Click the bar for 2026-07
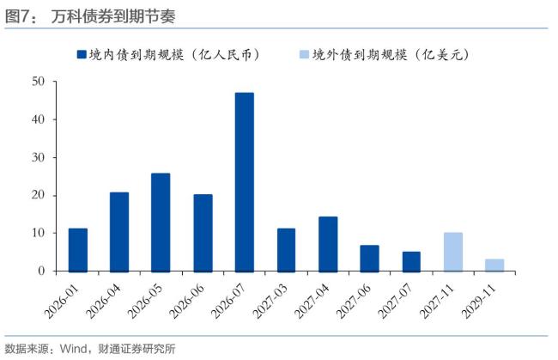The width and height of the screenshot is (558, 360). point(245,181)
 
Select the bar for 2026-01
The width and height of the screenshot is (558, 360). point(78,249)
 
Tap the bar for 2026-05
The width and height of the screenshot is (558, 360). point(161,222)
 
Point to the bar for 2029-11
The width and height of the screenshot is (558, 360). point(494,265)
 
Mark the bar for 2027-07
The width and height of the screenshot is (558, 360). point(411,261)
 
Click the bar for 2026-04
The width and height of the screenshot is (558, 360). point(119,231)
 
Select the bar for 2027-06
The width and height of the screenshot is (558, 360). point(370,258)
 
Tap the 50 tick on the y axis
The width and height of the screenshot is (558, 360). point(38,82)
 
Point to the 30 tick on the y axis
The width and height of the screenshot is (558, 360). point(38,157)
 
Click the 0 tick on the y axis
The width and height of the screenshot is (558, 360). point(41,271)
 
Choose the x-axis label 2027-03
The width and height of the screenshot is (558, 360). point(276,297)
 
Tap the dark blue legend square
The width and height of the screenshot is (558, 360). point(82,54)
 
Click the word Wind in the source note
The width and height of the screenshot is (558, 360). point(71,349)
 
